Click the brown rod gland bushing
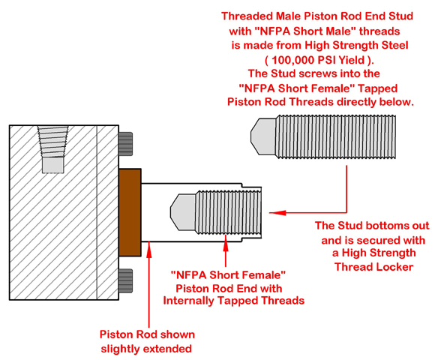130,212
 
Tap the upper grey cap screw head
126,144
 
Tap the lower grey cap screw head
126,280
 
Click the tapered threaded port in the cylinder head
52,142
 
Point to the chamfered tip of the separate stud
263,136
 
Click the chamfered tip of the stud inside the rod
183,212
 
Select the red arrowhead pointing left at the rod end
277,213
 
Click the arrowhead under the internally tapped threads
226,243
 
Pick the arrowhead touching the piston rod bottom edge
149,250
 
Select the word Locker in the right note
394,267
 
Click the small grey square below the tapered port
53,165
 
